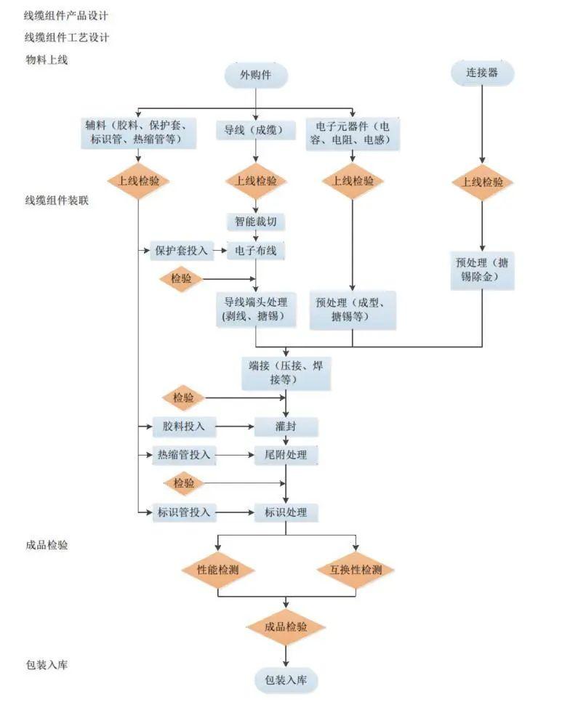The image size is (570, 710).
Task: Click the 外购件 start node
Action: point(256,75)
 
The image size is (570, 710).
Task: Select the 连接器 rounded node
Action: point(482,73)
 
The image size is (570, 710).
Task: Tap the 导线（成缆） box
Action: point(255,130)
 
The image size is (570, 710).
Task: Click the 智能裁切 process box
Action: point(255,222)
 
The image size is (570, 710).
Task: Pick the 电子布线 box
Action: point(255,251)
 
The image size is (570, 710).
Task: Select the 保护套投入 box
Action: point(181,251)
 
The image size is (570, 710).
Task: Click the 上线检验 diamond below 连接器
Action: point(482,182)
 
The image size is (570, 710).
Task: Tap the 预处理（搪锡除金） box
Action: point(482,270)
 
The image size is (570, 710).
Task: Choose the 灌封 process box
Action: point(286,427)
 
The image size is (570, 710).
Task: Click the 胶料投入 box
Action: point(183,427)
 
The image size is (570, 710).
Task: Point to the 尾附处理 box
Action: point(286,455)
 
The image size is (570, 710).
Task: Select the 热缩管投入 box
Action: point(183,455)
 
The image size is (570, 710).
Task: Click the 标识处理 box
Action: point(286,512)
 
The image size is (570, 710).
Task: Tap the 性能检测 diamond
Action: point(218,570)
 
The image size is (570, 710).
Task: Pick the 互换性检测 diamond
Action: point(356,570)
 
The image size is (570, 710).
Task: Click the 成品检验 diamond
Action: point(286,626)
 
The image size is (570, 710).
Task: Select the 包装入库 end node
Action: point(286,680)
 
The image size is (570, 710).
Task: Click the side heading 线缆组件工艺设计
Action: point(67,38)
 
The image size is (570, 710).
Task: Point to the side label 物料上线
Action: point(47,60)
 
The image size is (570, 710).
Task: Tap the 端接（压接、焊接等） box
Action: point(286,373)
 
